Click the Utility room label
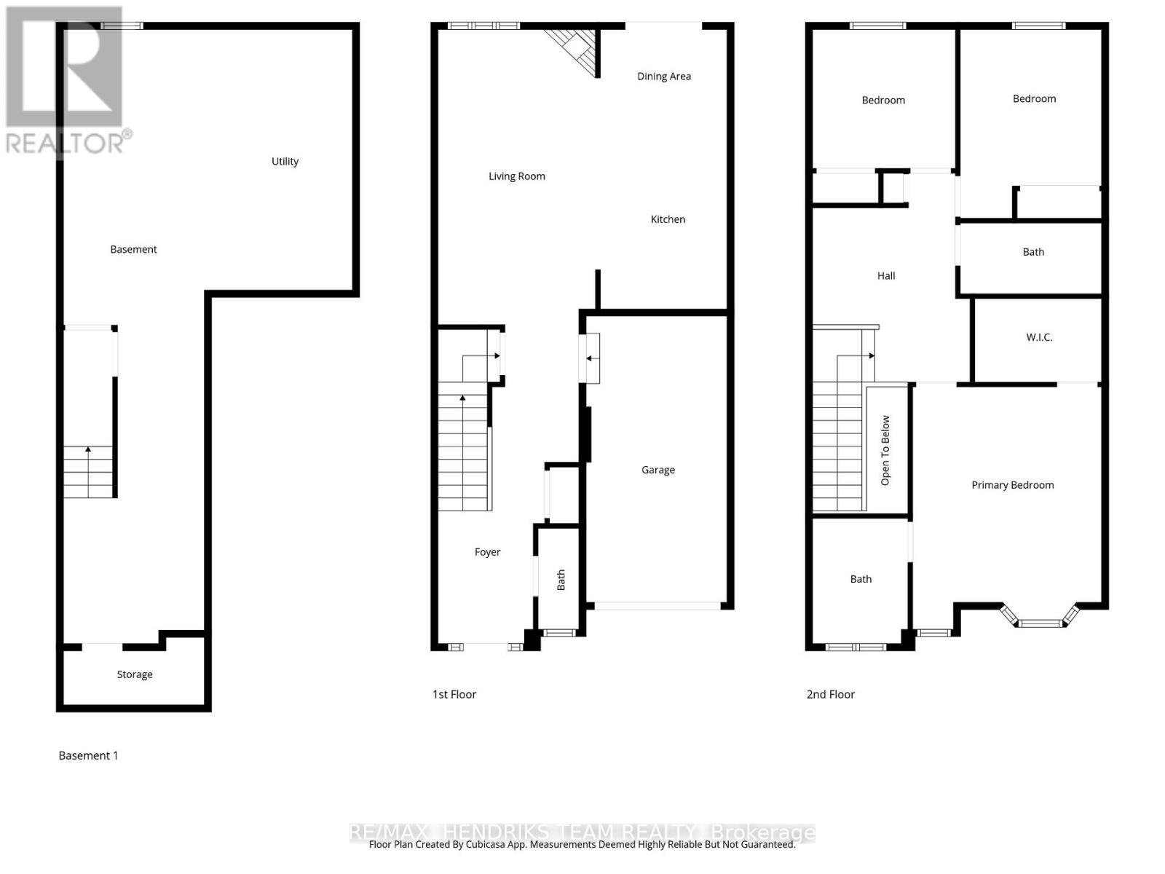[x=285, y=162]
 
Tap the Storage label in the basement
[x=135, y=674]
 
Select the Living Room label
[x=516, y=176]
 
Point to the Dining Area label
[x=663, y=76]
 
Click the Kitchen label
[x=668, y=219]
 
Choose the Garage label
[x=657, y=470]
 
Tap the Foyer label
[x=487, y=552]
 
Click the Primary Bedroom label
[x=1012, y=485]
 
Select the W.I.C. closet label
[x=1039, y=337]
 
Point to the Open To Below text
[x=885, y=450]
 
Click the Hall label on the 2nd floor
[x=885, y=276]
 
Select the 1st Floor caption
[x=454, y=694]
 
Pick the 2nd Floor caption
[x=830, y=694]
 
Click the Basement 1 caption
[x=88, y=755]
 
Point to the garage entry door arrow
[x=590, y=358]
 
